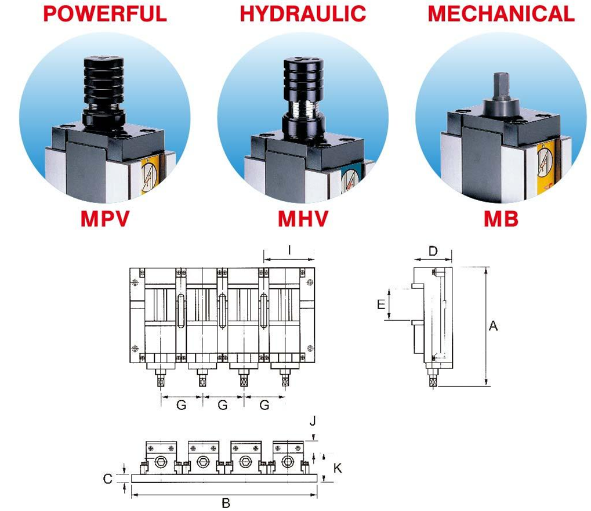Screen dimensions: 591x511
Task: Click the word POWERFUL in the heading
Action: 105,13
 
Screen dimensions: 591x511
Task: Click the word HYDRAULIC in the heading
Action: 303,13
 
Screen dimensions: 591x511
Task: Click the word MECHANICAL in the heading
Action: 501,13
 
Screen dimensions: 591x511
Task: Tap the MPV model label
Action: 105,219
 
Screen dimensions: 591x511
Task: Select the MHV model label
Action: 303,219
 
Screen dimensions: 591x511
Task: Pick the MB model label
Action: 501,219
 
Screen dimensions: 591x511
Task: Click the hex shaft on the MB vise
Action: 501,86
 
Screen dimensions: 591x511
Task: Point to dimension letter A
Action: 493,325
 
